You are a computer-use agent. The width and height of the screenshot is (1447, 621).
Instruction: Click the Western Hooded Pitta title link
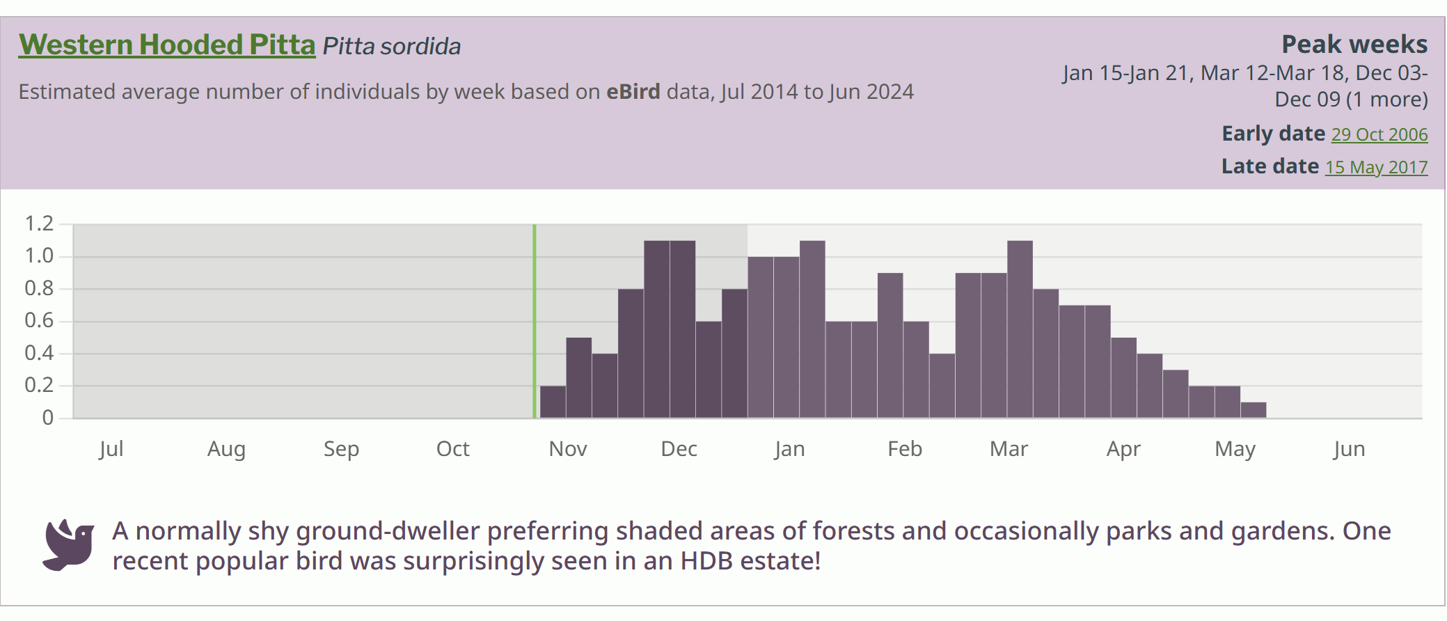tap(167, 45)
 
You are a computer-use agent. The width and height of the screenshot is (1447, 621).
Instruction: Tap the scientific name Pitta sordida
tap(391, 47)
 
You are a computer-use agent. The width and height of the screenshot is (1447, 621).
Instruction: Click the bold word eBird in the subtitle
tap(633, 92)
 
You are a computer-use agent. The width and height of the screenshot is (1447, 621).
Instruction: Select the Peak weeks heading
tap(1354, 45)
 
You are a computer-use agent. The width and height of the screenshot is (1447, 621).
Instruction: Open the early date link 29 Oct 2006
tap(1379, 134)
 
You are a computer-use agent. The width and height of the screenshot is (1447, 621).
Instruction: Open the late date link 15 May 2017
tap(1375, 167)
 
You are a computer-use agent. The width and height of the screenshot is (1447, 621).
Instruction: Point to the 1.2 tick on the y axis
tap(39, 223)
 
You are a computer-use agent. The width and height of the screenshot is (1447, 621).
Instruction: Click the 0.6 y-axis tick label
tap(39, 320)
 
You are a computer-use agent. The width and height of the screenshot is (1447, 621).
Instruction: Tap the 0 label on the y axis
tap(47, 418)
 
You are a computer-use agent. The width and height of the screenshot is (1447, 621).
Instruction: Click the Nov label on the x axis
tap(567, 449)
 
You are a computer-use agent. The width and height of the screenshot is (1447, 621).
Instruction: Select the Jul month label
tap(111, 449)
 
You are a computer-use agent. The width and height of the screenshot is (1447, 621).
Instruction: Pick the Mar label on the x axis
tap(1009, 449)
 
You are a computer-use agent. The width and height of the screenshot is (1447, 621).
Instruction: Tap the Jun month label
tap(1348, 449)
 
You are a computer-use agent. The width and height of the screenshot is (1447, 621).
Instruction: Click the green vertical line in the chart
tap(535, 320)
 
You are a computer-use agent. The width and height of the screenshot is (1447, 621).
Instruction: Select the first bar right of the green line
tap(553, 402)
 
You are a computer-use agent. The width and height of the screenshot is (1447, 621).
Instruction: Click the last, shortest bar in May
tap(1253, 410)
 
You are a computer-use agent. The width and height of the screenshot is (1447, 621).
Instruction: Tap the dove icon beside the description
tap(68, 545)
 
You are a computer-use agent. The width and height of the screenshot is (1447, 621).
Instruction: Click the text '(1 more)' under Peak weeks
tap(1386, 100)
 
